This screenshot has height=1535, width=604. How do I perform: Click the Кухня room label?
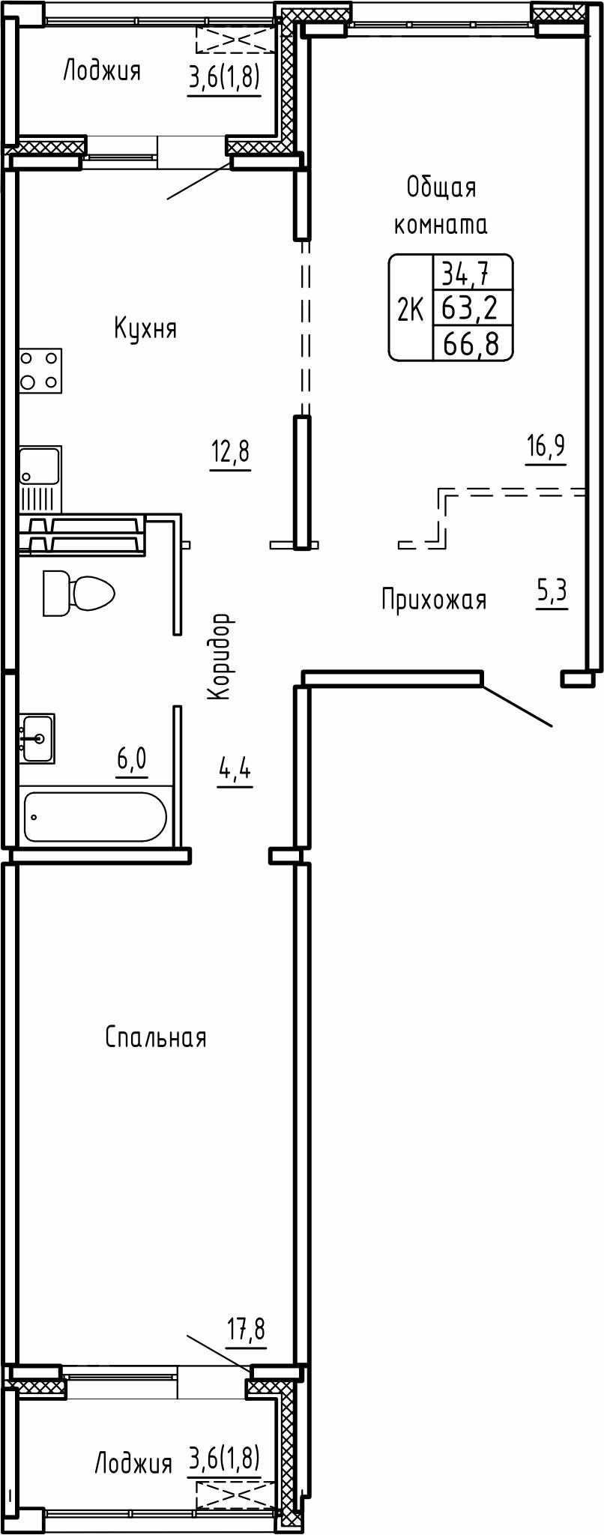145,328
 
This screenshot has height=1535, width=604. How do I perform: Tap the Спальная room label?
155,1037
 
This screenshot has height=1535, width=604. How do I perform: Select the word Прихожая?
433,600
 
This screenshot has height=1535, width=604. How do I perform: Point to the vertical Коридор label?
219,657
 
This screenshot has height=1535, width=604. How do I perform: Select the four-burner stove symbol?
40,371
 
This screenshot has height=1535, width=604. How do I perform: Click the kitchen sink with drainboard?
40,478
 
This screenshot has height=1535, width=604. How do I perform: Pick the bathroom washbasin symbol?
37,738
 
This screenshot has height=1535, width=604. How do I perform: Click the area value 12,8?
230,453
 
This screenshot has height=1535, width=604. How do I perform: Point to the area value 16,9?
546,447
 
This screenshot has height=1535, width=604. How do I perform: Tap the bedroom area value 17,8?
246,1330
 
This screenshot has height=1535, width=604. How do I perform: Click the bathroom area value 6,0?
131,759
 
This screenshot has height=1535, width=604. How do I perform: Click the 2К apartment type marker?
410,309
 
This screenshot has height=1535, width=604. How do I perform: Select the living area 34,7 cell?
465,273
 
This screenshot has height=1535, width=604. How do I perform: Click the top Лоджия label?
101,72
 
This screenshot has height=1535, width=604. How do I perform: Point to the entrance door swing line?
517,705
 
